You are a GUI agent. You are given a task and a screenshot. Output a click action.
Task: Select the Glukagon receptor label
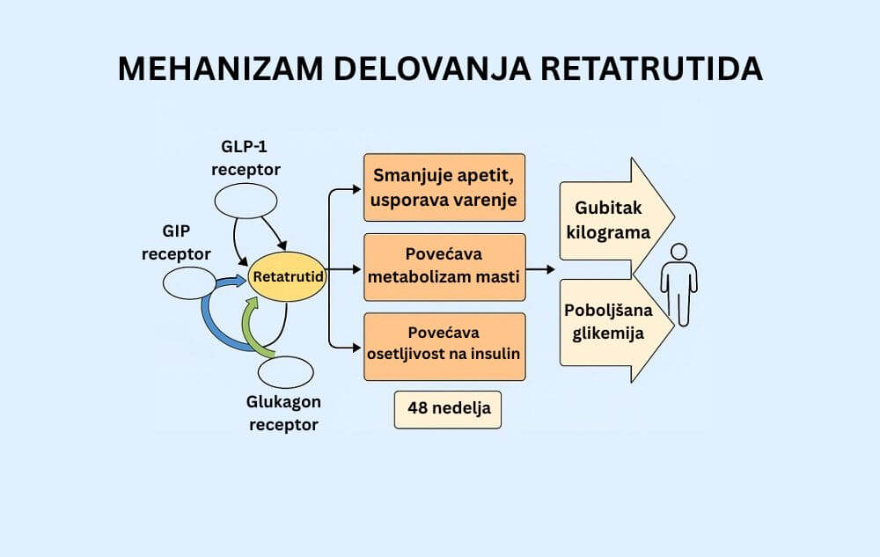(x=282, y=412)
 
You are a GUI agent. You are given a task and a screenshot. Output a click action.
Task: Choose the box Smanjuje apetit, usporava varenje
(x=444, y=187)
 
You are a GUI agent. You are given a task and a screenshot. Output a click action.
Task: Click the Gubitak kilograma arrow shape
(x=612, y=220)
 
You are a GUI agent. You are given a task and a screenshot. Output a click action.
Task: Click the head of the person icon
(x=678, y=253)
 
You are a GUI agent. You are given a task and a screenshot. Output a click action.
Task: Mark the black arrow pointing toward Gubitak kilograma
(x=542, y=268)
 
